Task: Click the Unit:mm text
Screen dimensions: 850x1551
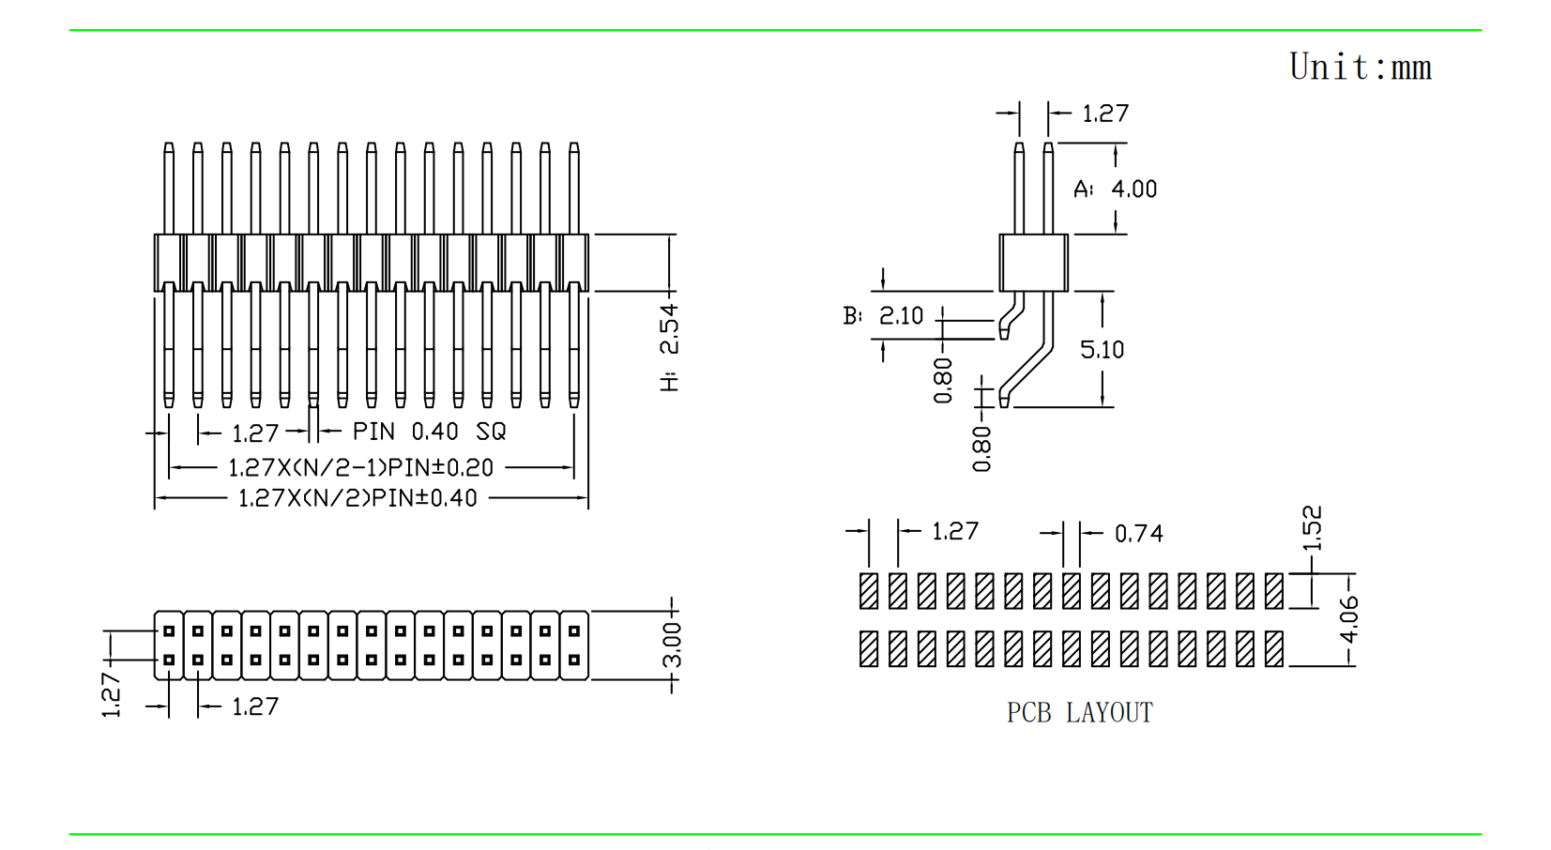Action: coord(1360,68)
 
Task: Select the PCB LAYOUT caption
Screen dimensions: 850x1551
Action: coord(1079,713)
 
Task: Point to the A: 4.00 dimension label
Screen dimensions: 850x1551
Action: coord(1116,190)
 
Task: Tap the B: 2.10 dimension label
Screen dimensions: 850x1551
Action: coord(883,316)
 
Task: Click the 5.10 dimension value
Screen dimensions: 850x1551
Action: coord(1102,350)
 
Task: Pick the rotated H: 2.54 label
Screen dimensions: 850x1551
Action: coord(669,347)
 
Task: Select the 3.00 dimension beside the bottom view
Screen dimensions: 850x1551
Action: coord(672,645)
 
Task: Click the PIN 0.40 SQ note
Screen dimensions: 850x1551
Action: coord(429,432)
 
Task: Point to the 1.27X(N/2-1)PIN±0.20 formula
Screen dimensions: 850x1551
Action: coord(360,467)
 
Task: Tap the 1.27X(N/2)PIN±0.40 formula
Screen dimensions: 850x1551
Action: coord(357,498)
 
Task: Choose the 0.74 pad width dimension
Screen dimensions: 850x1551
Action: coord(1138,534)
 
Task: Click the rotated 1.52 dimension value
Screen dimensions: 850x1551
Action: coord(1312,527)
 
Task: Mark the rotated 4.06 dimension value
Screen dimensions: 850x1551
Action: coord(1348,620)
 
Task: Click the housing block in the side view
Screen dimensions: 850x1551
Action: coord(1033,263)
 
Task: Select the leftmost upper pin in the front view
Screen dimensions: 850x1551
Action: coord(169,188)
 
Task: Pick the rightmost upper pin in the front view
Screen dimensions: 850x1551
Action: coord(574,188)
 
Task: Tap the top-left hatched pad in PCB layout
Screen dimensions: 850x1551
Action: coord(869,591)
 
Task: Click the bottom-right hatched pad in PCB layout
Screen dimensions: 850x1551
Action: coord(1273,648)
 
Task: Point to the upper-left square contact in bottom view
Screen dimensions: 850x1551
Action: coord(169,631)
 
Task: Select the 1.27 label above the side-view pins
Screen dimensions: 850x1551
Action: coord(1105,114)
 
